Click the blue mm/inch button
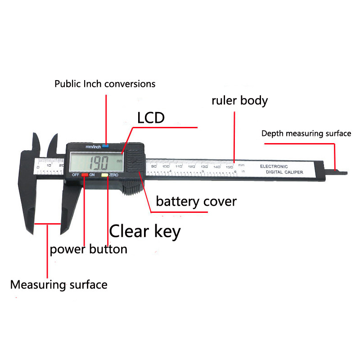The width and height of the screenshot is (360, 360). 105,145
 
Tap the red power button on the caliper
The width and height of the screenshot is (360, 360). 84,175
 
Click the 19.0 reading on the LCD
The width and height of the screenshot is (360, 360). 96,162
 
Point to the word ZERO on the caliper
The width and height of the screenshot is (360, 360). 113,175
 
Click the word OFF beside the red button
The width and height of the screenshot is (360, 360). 76,175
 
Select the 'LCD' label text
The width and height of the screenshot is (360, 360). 151,118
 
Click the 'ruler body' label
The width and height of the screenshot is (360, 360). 239,100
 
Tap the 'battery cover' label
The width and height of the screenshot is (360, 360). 196,201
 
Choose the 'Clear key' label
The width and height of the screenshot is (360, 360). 145,231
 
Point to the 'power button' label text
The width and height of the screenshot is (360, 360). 89,249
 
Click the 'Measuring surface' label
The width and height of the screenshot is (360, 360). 59,284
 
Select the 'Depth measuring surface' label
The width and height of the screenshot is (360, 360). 306,134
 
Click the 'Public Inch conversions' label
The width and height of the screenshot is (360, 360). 105,84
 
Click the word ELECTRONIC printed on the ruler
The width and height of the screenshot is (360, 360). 274,166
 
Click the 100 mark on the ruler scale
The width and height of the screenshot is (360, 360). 166,166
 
